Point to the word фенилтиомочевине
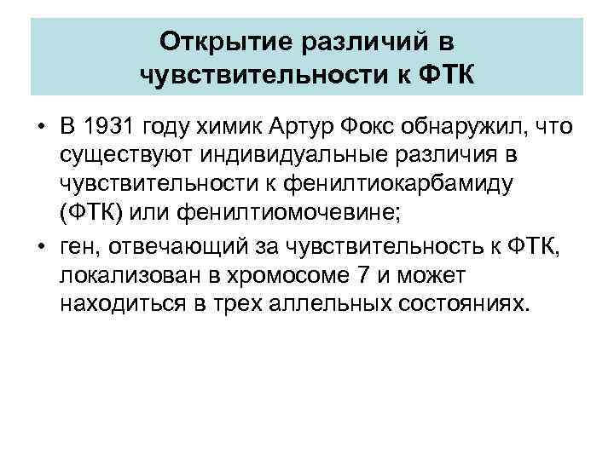[288, 211]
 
